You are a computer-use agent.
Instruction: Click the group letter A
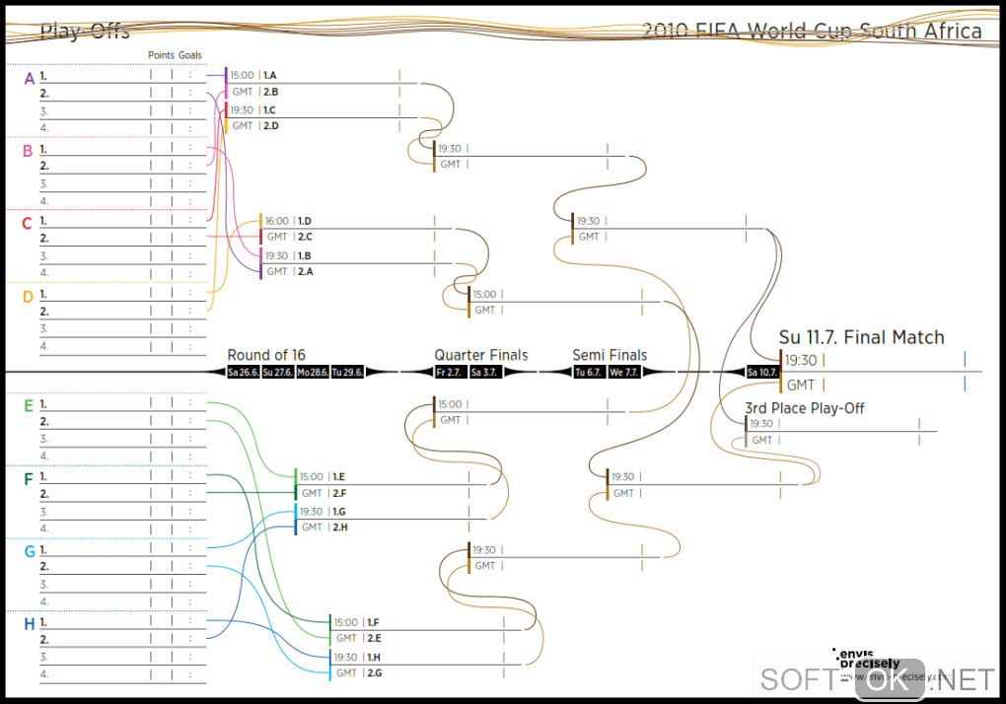(29, 78)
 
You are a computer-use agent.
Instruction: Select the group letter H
(29, 623)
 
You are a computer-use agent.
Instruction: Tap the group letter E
(29, 405)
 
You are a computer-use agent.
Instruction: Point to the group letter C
(28, 224)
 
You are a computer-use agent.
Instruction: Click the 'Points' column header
(161, 55)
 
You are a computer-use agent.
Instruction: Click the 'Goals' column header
(190, 55)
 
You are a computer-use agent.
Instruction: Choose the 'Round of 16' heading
(266, 355)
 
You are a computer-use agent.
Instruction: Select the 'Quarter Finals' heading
(481, 355)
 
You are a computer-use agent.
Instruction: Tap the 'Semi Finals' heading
(610, 355)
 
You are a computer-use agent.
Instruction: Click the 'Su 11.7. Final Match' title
(861, 337)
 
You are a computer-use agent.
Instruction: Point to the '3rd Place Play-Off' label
(804, 408)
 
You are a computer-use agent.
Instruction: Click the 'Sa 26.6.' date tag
(243, 372)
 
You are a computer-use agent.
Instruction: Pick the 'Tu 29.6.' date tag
(347, 372)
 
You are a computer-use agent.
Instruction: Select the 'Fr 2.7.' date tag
(449, 372)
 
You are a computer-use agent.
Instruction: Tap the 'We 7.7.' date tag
(623, 372)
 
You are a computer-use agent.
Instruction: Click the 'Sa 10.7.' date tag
(762, 372)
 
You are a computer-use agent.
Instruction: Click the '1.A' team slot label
(270, 75)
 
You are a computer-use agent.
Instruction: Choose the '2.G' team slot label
(374, 672)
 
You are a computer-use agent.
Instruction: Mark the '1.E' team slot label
(338, 476)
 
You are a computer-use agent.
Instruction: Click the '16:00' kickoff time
(277, 222)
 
